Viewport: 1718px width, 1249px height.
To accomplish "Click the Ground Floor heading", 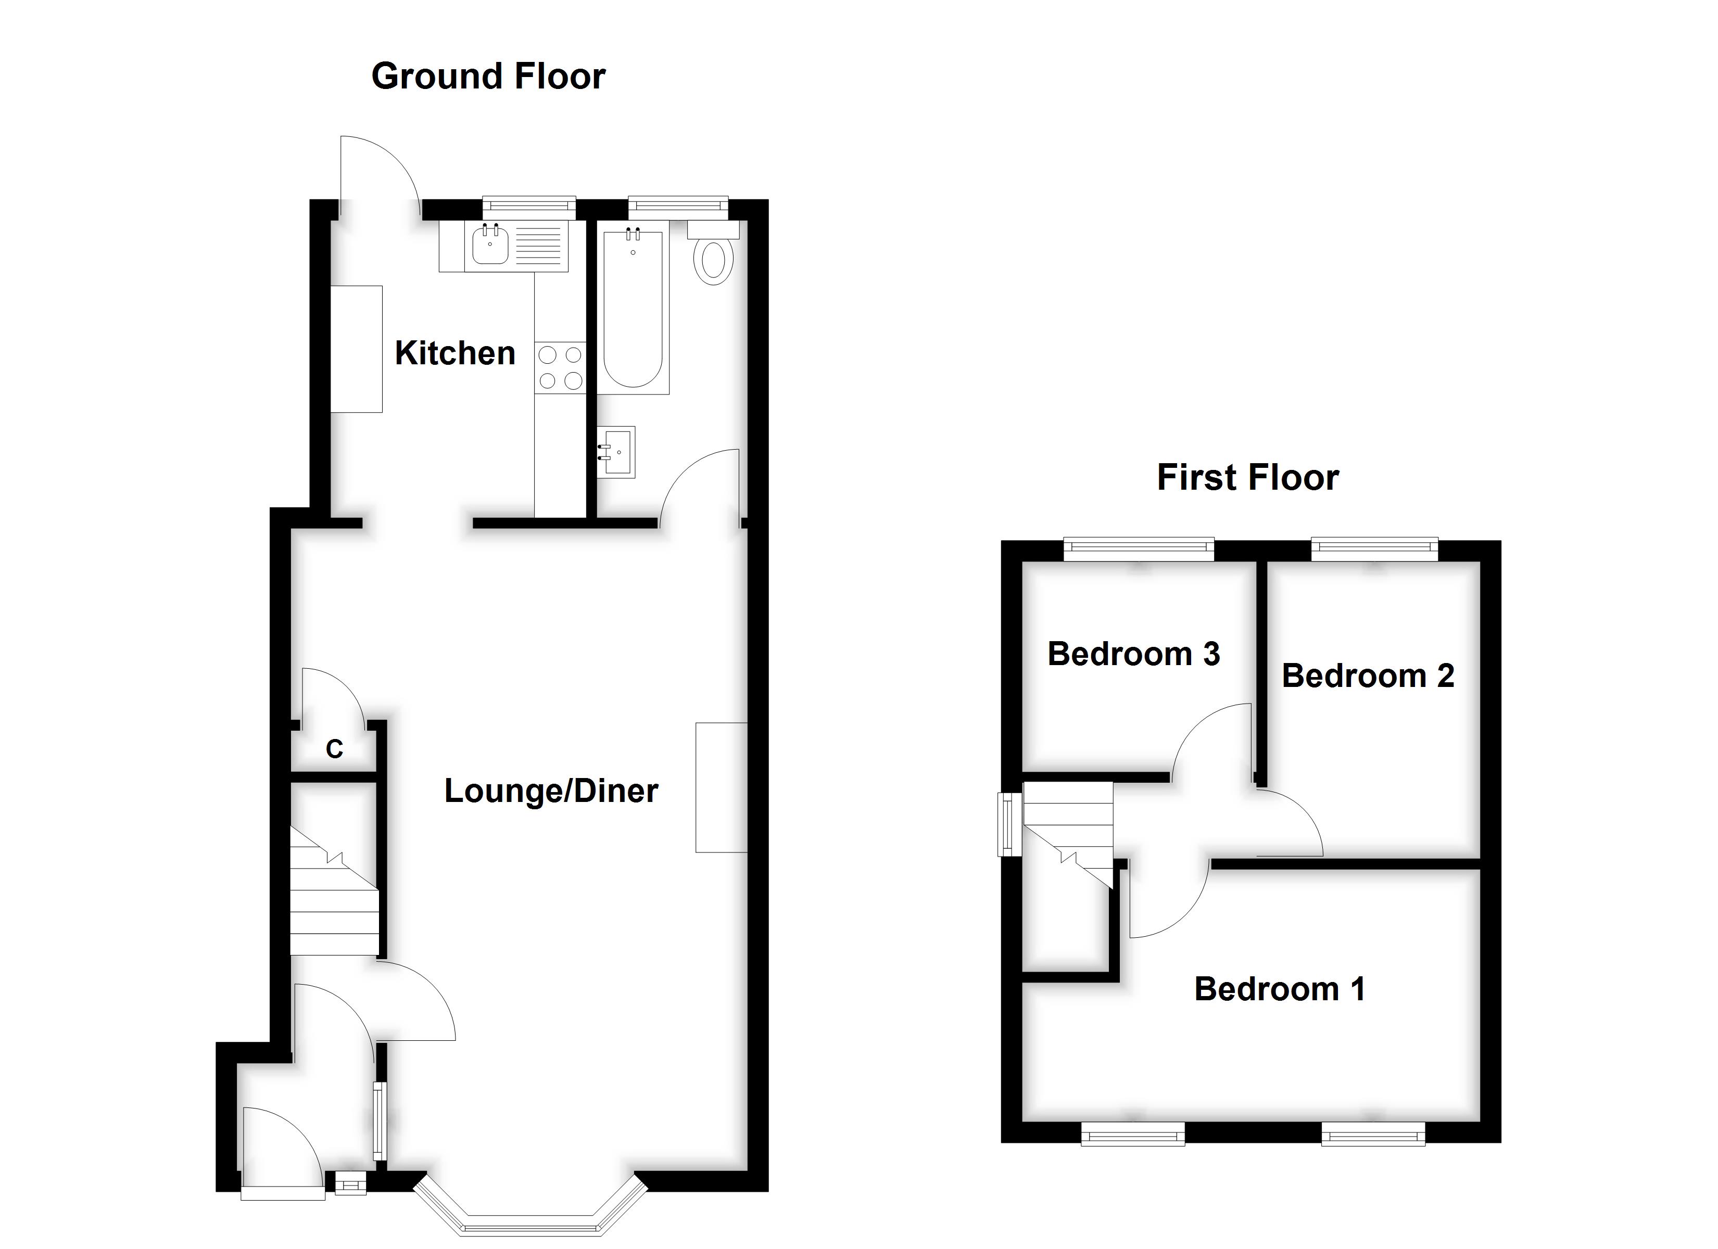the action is (x=488, y=77).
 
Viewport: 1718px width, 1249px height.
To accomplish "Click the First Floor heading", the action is (x=1247, y=478).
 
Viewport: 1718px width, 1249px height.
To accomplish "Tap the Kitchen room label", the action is (x=455, y=354).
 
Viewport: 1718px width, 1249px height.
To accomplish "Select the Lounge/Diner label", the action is (x=551, y=791).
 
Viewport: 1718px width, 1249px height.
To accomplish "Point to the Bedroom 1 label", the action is (x=1280, y=989).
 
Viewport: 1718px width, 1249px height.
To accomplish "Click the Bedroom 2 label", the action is (x=1368, y=676).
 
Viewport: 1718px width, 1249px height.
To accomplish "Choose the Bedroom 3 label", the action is (x=1134, y=654).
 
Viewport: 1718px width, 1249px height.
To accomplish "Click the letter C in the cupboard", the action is (x=334, y=749).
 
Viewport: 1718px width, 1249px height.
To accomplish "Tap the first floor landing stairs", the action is (x=1067, y=835).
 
